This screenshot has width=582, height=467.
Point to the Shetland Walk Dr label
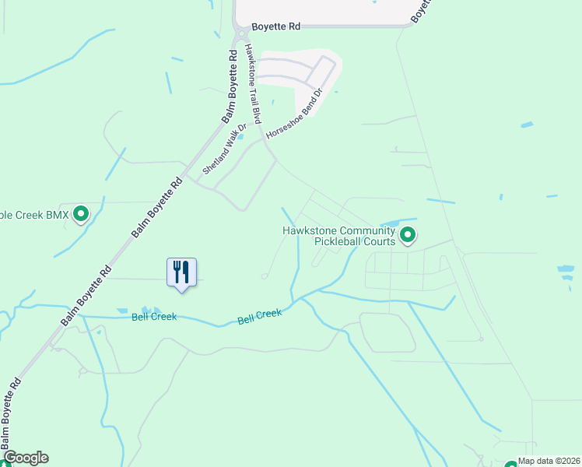(x=224, y=149)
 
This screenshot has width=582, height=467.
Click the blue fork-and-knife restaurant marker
(x=181, y=272)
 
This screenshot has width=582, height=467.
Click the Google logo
(x=25, y=458)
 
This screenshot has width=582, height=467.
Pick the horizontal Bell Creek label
(x=153, y=317)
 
